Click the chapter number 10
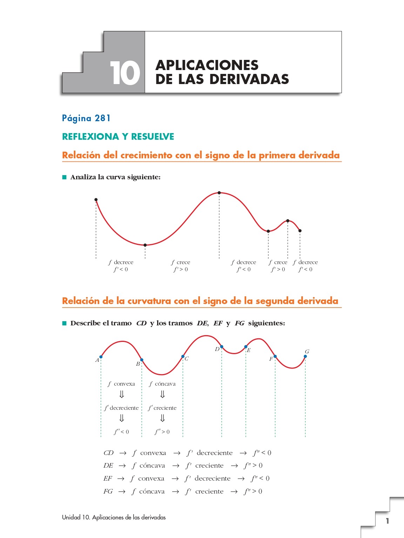(x=125, y=73)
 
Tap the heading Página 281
(x=86, y=118)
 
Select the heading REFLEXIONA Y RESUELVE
(x=118, y=137)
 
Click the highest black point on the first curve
(x=219, y=193)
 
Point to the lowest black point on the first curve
(x=145, y=245)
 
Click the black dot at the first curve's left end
(x=96, y=200)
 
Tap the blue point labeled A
(x=101, y=357)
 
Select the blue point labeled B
(x=142, y=360)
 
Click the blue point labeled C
(x=183, y=356)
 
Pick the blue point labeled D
(x=222, y=347)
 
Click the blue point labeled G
(x=305, y=356)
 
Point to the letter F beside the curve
(x=271, y=359)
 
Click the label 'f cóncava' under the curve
(x=162, y=384)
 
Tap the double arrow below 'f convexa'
(x=122, y=394)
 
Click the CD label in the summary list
(x=108, y=453)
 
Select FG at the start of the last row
(x=108, y=491)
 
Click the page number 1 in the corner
(x=387, y=521)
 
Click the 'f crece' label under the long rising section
(x=181, y=262)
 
